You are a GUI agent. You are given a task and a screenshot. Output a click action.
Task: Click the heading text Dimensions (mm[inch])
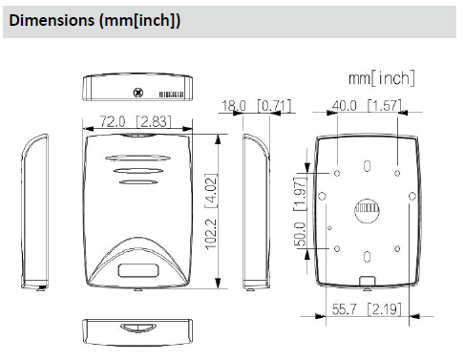(x=95, y=20)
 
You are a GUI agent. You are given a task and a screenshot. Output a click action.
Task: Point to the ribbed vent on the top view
(x=170, y=95)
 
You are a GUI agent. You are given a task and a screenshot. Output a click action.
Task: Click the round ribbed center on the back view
(x=367, y=211)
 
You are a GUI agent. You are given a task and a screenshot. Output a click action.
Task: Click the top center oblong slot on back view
(x=367, y=166)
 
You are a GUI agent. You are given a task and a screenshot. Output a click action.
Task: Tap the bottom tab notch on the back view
(x=367, y=283)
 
